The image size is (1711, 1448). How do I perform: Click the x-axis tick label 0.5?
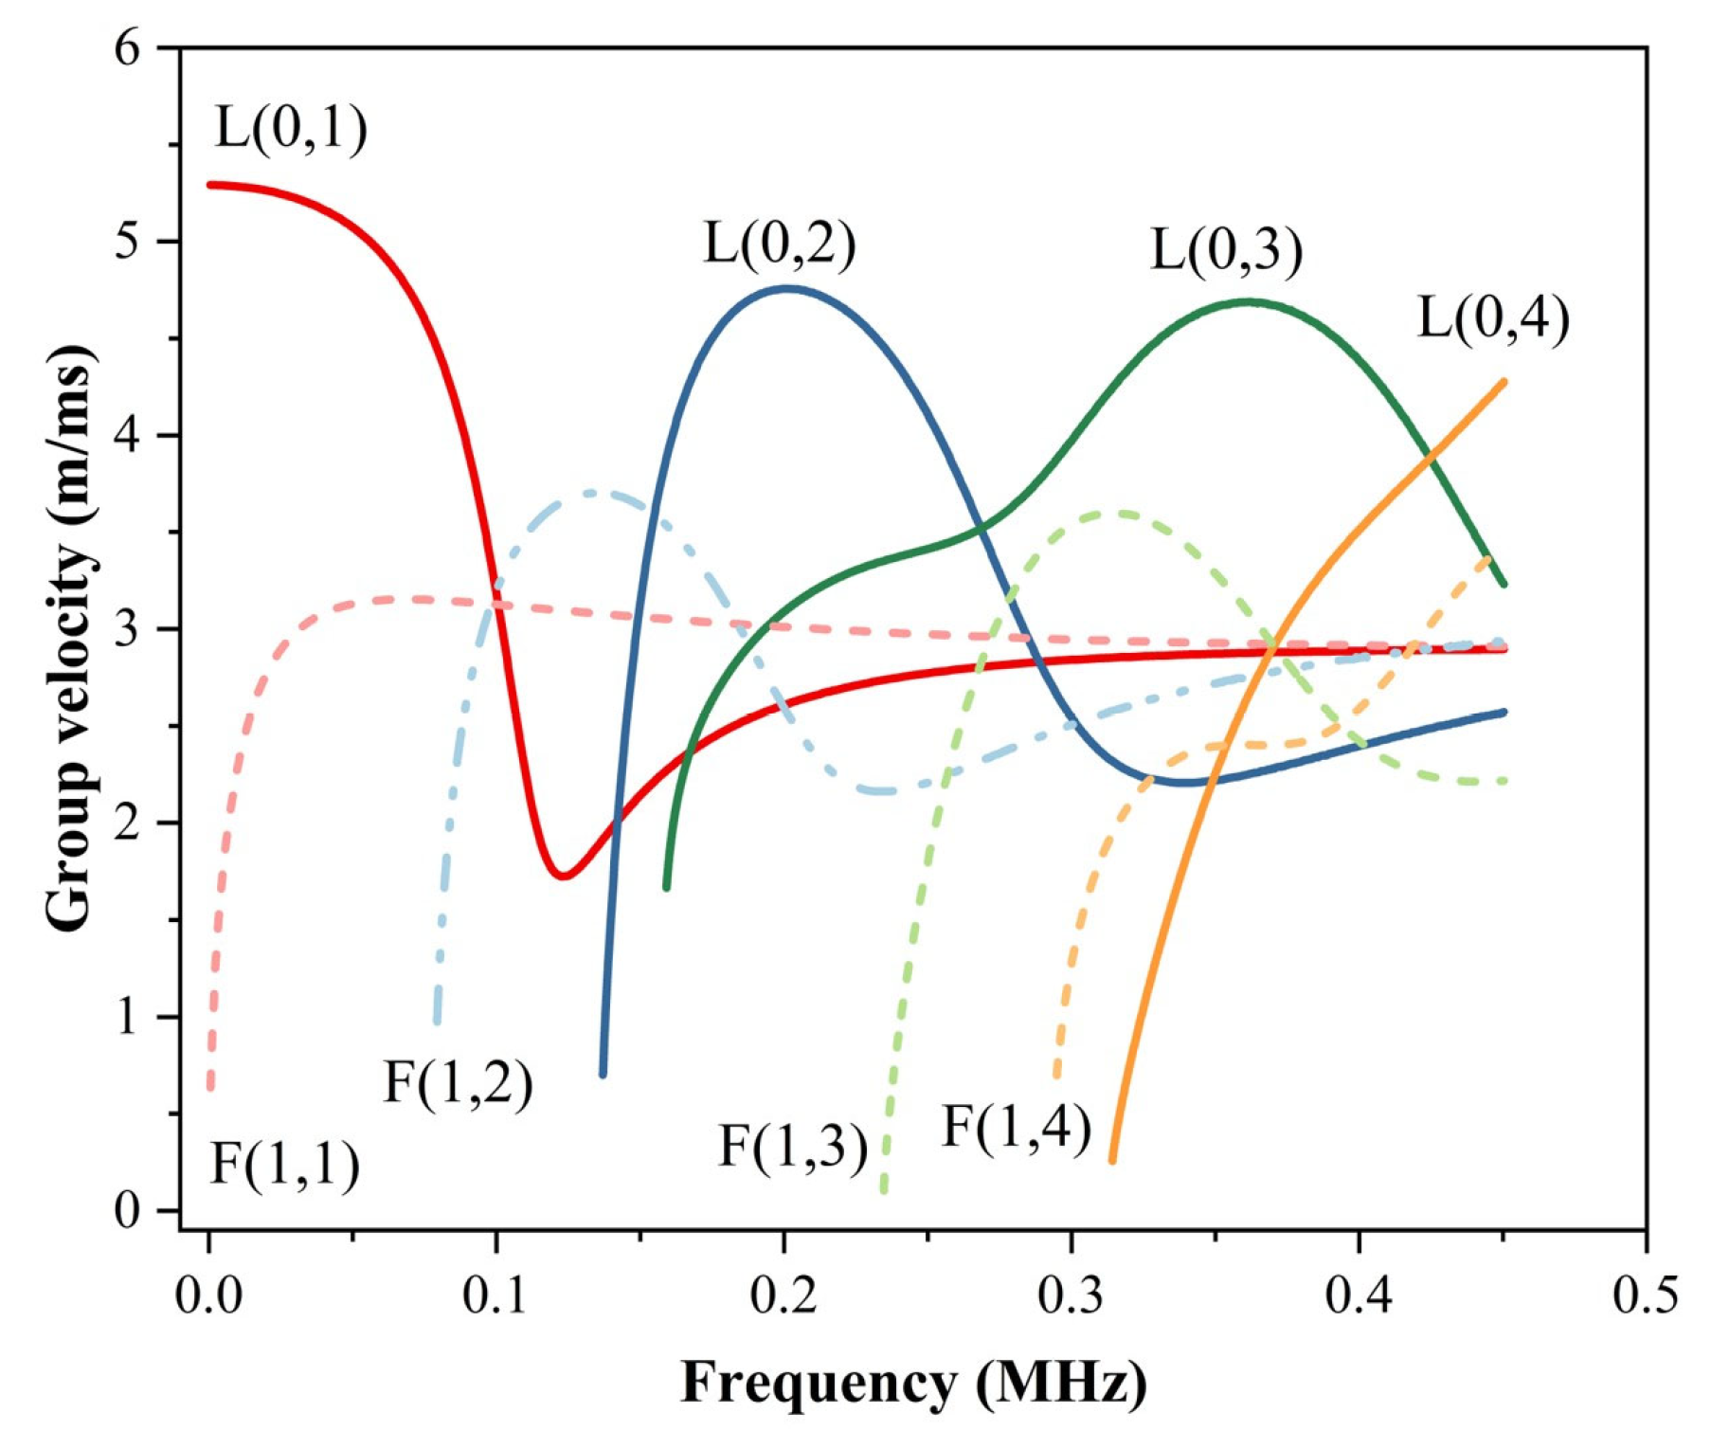click(1646, 1295)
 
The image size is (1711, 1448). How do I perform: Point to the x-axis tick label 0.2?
click(783, 1295)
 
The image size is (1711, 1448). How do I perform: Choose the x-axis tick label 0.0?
click(208, 1295)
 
